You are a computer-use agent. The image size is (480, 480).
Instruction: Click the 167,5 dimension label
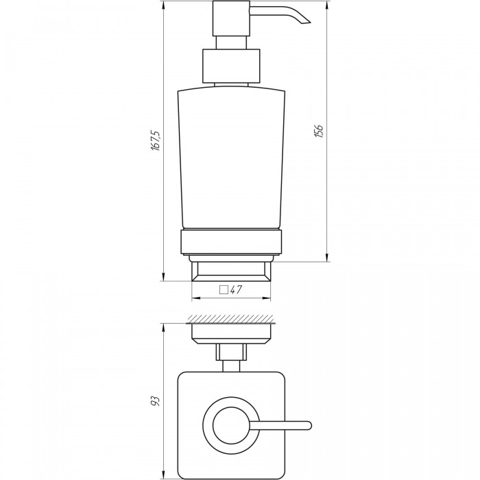point(156,141)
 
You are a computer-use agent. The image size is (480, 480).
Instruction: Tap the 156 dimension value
point(319,132)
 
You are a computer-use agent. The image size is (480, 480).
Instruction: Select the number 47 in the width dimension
point(236,289)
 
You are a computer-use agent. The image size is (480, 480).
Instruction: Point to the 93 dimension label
point(156,401)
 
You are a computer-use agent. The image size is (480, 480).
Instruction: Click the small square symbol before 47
point(224,289)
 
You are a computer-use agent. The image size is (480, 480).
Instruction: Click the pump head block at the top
point(232,18)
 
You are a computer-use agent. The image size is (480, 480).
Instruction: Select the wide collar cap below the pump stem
point(231,66)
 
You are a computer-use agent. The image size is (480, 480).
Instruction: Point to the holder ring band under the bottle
point(231,242)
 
